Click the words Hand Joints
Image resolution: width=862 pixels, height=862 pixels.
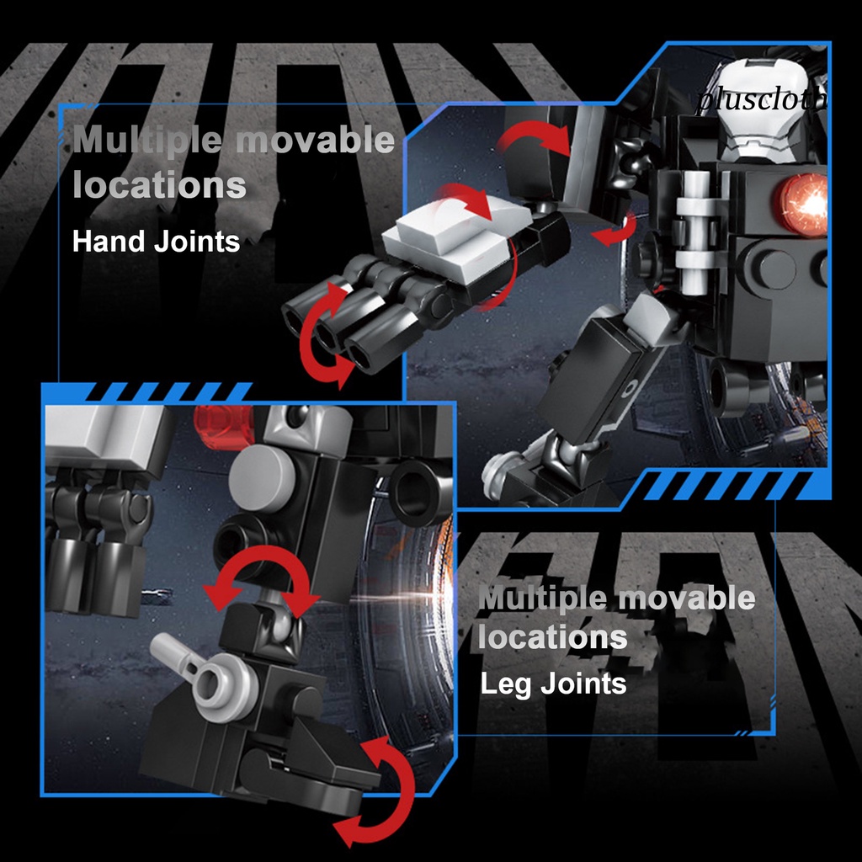coord(156,242)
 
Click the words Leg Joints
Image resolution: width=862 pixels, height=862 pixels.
coord(553,684)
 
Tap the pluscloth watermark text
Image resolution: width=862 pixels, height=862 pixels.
coord(762,101)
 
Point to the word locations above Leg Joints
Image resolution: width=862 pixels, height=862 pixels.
coord(552,637)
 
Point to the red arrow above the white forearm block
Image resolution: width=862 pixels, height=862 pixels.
coord(467,194)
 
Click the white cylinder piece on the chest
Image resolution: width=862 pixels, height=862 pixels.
coord(695,231)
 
